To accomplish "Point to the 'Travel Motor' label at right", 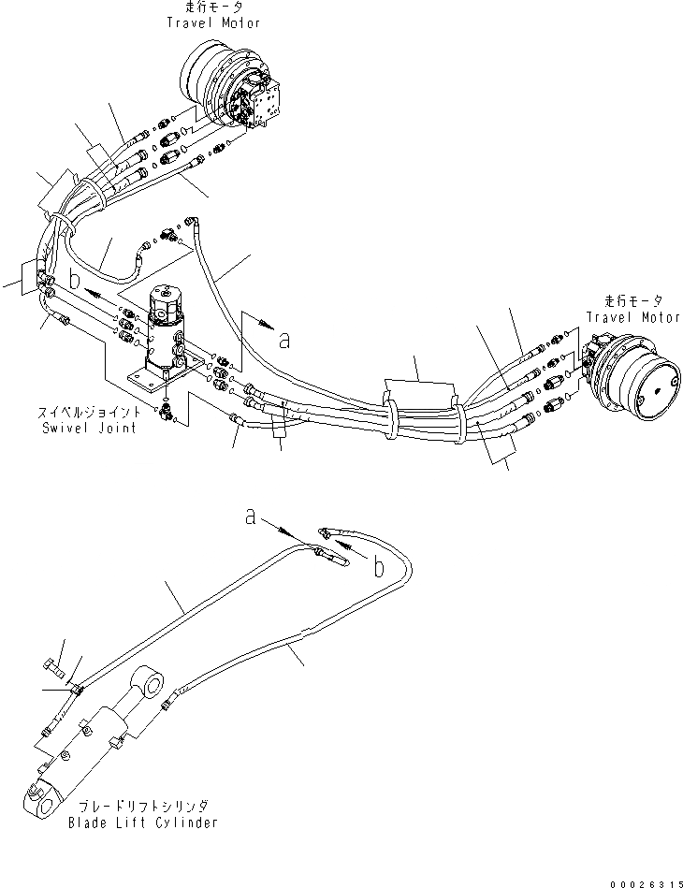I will [633, 317].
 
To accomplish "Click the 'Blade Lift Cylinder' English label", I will [144, 822].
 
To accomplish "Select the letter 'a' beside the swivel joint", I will [284, 342].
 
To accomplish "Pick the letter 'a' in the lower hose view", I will [251, 515].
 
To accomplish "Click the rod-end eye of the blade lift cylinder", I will [149, 681].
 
